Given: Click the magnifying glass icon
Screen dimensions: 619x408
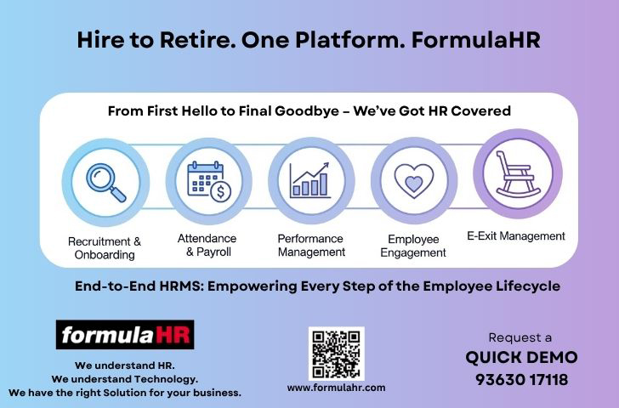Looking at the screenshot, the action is point(106,183).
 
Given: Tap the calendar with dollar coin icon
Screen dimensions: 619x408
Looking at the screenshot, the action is point(209,181).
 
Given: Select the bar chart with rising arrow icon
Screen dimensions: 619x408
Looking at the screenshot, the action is point(309,180).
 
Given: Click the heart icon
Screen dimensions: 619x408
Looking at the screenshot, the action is point(414,181).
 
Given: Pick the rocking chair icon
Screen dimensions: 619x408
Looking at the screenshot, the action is point(518,174).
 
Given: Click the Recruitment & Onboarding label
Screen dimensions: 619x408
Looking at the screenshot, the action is point(105,248).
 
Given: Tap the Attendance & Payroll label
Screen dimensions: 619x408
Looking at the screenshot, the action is point(207,245).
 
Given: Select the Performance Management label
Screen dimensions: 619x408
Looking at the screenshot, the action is point(311,245).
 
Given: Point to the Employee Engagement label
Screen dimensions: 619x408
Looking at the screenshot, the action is point(413,246).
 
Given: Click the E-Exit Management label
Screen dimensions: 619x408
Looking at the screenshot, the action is point(516,236).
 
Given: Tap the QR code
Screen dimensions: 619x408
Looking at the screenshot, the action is point(337,354).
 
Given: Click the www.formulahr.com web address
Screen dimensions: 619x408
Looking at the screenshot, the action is point(337,388).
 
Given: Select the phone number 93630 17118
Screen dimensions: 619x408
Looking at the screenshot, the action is point(521,380).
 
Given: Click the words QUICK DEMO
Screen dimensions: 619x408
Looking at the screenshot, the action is point(521,358).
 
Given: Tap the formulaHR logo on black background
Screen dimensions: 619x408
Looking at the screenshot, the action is point(125,335).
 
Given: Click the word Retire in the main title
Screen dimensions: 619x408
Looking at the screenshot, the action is point(195,40).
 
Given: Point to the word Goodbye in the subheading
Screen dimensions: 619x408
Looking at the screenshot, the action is point(307,111).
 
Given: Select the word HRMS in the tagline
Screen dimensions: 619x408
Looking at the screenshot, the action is point(182,286).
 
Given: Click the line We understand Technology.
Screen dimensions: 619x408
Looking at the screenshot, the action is point(125,379).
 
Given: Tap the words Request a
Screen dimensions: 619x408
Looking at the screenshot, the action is point(520,337).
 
